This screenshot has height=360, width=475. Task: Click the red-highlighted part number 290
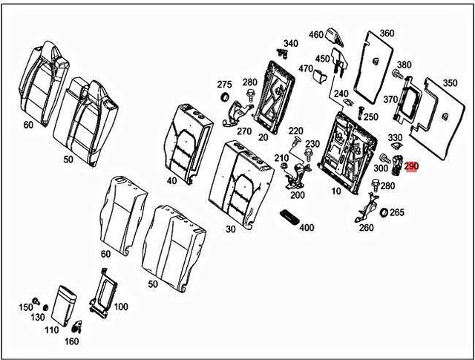(412, 168)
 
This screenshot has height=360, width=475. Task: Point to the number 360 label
(386, 33)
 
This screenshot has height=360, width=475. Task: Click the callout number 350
(450, 82)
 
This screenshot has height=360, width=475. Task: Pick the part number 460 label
(316, 35)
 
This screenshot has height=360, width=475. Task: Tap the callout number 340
(290, 44)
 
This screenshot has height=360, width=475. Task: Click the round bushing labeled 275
(223, 99)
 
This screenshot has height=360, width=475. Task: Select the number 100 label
(119, 307)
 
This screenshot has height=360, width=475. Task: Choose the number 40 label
(171, 180)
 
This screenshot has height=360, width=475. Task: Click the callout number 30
(231, 229)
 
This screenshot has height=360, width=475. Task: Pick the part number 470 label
(306, 69)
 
